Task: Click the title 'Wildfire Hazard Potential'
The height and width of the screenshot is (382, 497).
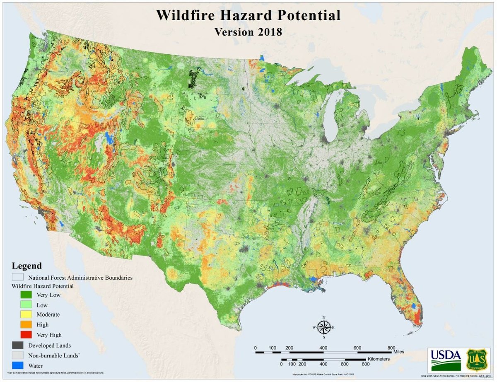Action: (248, 15)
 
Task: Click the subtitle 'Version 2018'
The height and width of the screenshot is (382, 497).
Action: (248, 32)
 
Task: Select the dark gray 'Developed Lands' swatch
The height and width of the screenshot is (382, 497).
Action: (17, 345)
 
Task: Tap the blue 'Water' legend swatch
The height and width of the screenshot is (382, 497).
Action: (17, 365)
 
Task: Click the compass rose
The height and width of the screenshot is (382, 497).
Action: (323, 327)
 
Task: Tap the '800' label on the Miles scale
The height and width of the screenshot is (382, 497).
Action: (391, 347)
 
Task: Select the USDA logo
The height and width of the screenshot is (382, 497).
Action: (445, 359)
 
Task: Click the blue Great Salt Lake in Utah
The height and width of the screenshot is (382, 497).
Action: (109, 138)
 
